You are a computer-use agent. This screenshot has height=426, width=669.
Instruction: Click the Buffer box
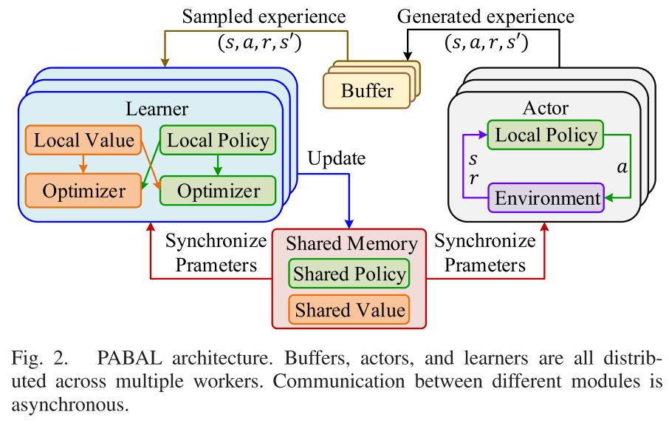pos(367,91)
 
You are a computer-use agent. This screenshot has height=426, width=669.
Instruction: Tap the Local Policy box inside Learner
pos(218,141)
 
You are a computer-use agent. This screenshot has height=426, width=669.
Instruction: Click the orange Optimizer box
pos(83,191)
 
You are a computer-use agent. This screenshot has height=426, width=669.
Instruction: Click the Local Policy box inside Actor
pos(546,135)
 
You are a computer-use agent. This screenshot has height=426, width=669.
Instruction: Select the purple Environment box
pos(546,198)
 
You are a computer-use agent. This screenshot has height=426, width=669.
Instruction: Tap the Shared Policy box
pos(349,274)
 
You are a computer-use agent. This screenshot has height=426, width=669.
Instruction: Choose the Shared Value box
pos(349,309)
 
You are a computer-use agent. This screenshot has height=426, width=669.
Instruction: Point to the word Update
pos(336,158)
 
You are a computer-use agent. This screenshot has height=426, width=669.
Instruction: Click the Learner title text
pos(157,109)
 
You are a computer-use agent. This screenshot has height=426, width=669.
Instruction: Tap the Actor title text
pos(546,108)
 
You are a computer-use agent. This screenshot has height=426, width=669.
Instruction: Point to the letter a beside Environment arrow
pos(622,168)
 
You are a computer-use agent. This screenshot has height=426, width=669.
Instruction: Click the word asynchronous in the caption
pos(69,405)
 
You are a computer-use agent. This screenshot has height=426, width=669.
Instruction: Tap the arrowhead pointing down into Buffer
pos(405,56)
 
